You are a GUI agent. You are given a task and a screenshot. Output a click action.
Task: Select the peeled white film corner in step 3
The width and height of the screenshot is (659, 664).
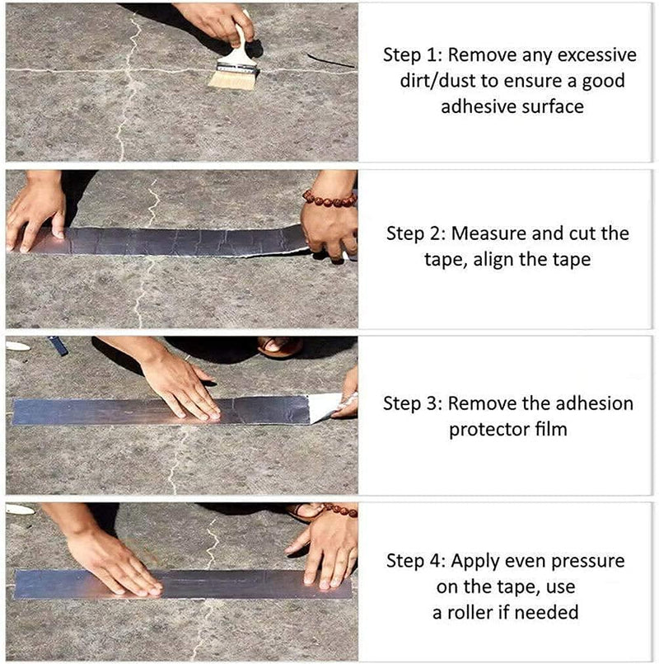[x=325, y=406]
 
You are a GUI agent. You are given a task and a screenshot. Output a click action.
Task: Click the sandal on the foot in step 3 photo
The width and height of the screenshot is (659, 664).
[x=280, y=346]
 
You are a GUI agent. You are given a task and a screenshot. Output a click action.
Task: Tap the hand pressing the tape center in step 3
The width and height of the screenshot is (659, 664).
[x=181, y=384]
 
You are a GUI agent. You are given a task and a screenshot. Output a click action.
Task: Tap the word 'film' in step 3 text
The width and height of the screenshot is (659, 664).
[x=548, y=430]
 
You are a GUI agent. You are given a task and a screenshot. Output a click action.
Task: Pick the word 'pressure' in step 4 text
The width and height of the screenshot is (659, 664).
[x=588, y=561]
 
